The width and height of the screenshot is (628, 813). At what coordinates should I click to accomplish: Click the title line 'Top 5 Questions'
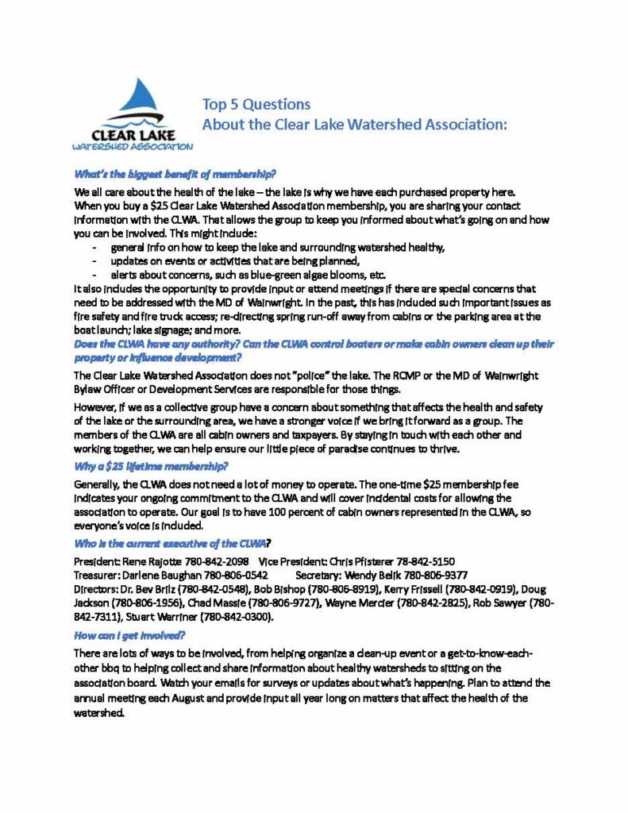(x=256, y=104)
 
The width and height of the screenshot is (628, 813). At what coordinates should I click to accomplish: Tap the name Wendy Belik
(x=375, y=575)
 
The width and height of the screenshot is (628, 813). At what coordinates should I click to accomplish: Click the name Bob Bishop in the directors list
(x=277, y=589)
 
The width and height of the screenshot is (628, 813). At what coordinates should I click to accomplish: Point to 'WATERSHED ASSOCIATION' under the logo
(x=131, y=147)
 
